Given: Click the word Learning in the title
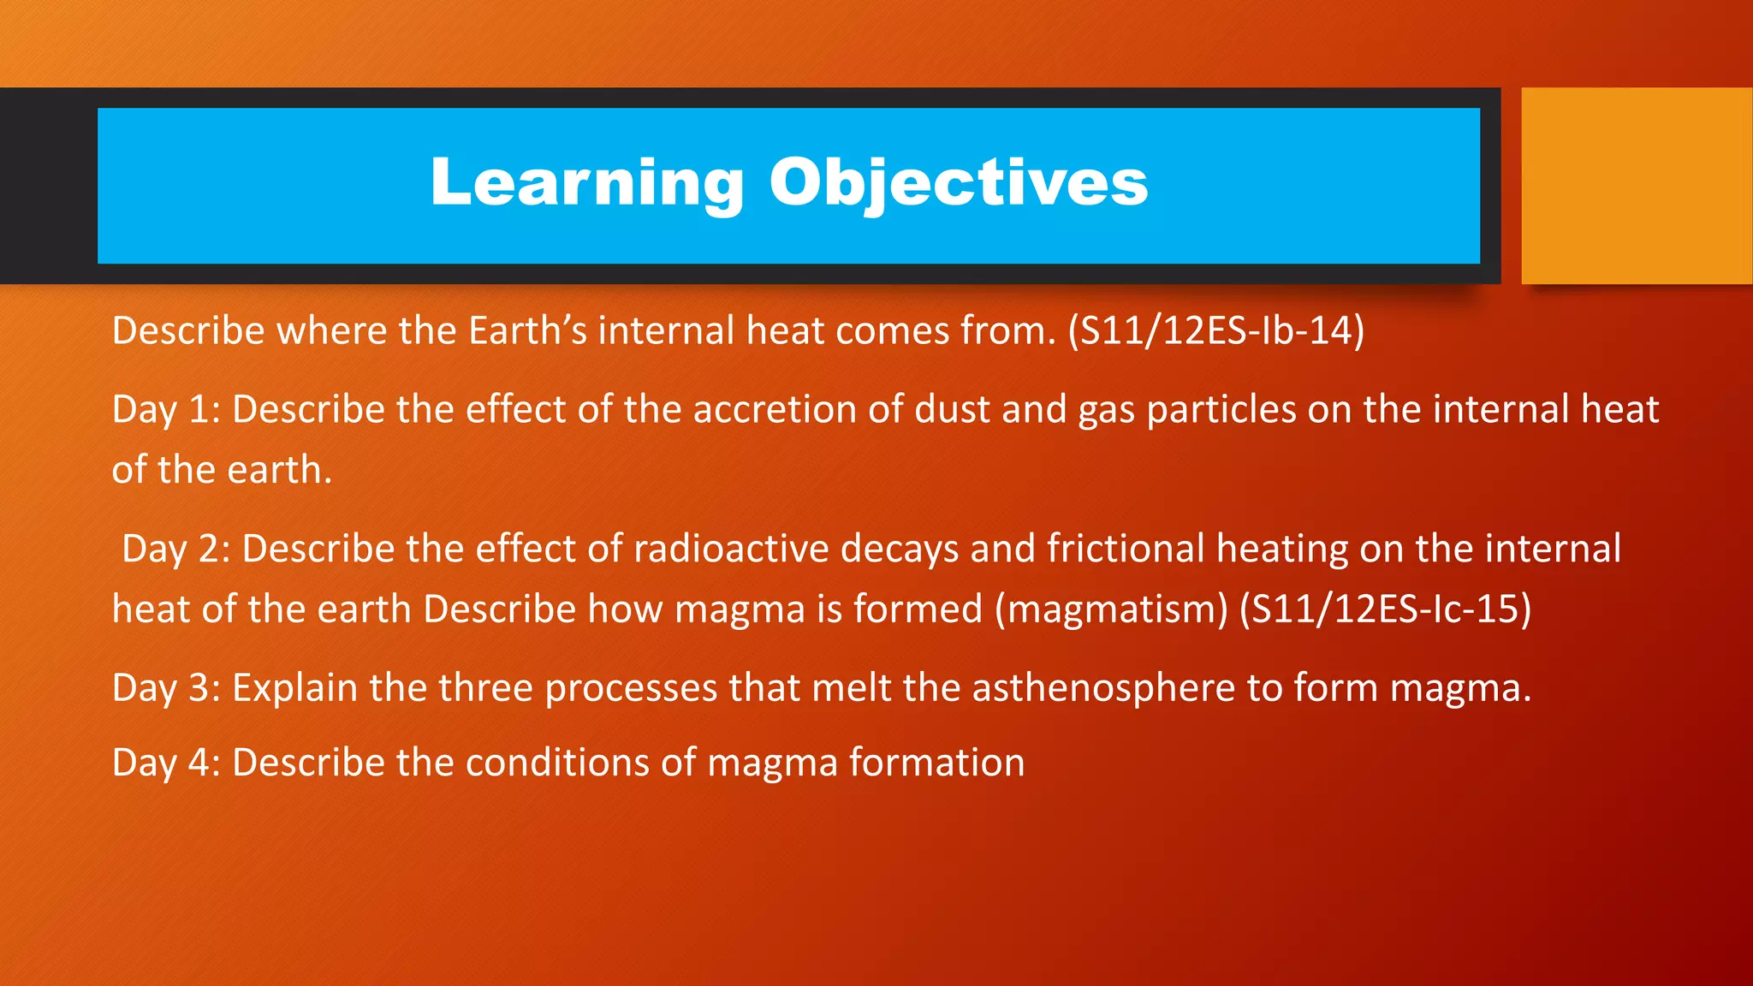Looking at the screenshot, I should click(x=587, y=182).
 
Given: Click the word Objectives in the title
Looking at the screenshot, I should click(x=958, y=182).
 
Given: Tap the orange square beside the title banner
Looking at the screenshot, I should click(x=1636, y=186).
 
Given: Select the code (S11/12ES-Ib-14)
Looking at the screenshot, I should click(x=1215, y=331).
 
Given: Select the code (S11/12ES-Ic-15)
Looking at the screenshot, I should click(x=1385, y=609).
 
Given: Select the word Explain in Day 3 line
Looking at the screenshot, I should click(x=294, y=689).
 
